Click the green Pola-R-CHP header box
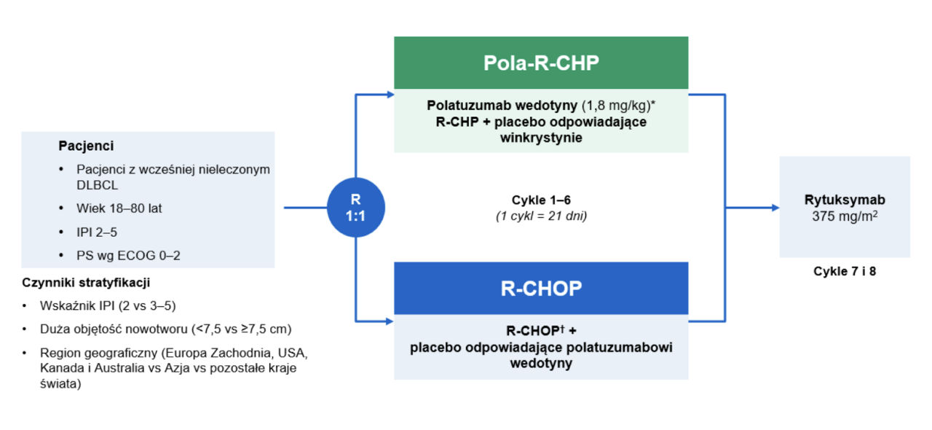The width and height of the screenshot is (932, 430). point(541,63)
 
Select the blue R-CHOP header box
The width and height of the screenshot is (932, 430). point(541,289)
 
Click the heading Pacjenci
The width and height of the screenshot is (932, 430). point(86,146)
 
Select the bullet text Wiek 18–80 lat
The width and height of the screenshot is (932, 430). point(119,208)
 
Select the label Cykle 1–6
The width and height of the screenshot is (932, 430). point(541,199)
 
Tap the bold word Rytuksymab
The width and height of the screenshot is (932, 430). point(845,200)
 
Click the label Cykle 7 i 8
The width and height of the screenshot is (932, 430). point(845,270)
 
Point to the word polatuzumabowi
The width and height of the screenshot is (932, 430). point(623,348)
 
